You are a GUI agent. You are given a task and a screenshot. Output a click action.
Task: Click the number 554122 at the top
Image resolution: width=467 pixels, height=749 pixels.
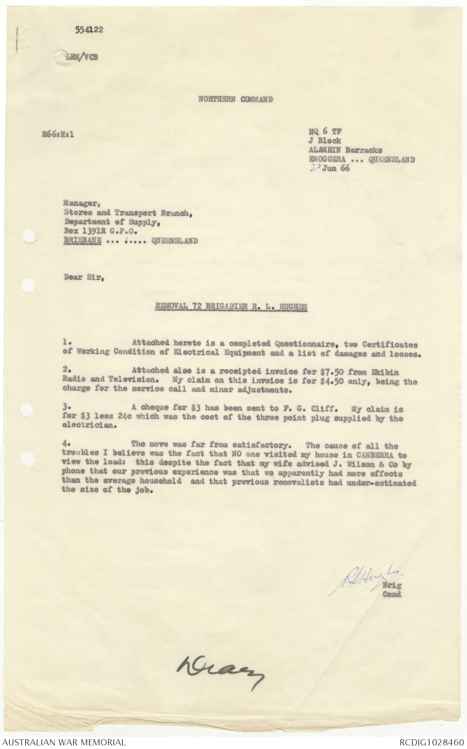click(89, 30)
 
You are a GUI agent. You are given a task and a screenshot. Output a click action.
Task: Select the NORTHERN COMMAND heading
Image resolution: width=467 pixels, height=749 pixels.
click(235, 99)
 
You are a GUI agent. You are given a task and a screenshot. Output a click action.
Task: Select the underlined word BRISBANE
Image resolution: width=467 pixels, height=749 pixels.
click(82, 241)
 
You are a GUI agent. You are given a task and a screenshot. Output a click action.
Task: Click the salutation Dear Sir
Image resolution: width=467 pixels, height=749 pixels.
click(84, 277)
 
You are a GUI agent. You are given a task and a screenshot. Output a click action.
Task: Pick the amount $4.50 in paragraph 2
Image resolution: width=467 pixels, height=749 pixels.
click(331, 381)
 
